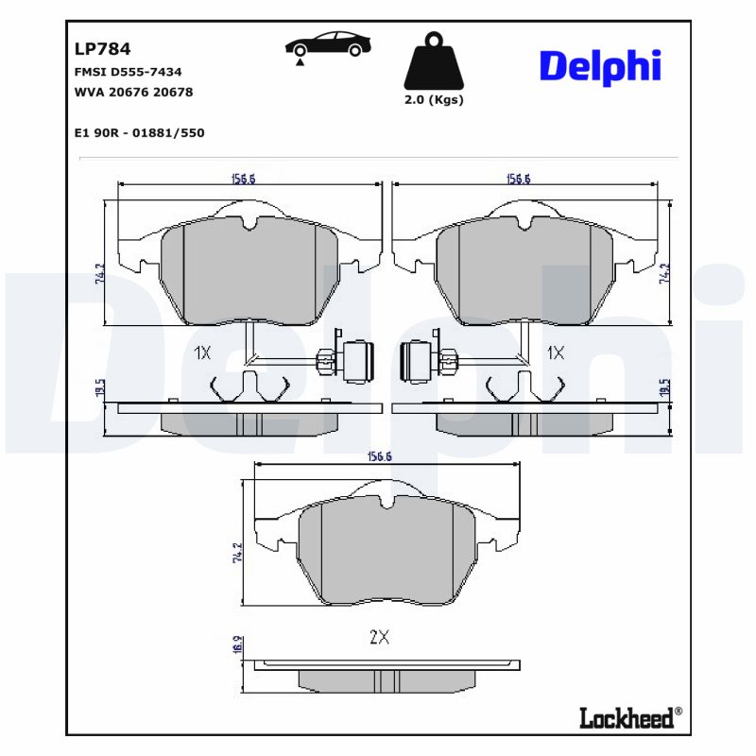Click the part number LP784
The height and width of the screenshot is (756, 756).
point(102,49)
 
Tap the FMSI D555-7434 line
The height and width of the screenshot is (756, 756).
point(128,72)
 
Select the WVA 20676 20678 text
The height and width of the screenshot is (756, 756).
point(132,92)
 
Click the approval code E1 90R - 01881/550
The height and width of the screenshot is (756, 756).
point(138,133)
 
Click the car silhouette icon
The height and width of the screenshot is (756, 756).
point(328,44)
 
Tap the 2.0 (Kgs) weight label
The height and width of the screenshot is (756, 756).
point(434,100)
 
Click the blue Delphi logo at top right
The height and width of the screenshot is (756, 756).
point(599,66)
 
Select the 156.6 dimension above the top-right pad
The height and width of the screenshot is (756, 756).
point(519,179)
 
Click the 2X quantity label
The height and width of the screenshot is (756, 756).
point(379,637)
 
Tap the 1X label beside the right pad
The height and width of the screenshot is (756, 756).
point(556,352)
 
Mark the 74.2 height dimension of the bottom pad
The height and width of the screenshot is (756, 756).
point(238,552)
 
